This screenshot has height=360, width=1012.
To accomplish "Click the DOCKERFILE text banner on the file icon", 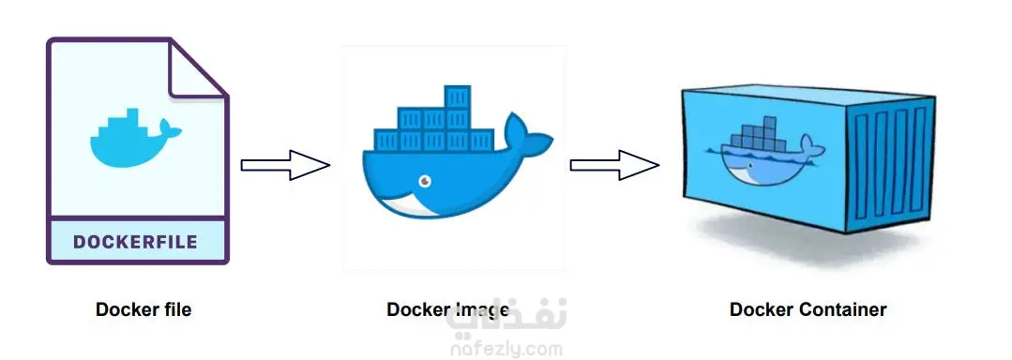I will coord(136,242).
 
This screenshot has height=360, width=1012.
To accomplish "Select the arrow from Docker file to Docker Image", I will coord(285,165).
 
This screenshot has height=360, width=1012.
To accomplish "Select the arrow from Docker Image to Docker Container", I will coord(614,166).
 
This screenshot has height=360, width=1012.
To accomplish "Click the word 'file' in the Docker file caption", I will coord(175,309).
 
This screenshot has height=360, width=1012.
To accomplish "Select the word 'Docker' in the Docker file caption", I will coord(126,309).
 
